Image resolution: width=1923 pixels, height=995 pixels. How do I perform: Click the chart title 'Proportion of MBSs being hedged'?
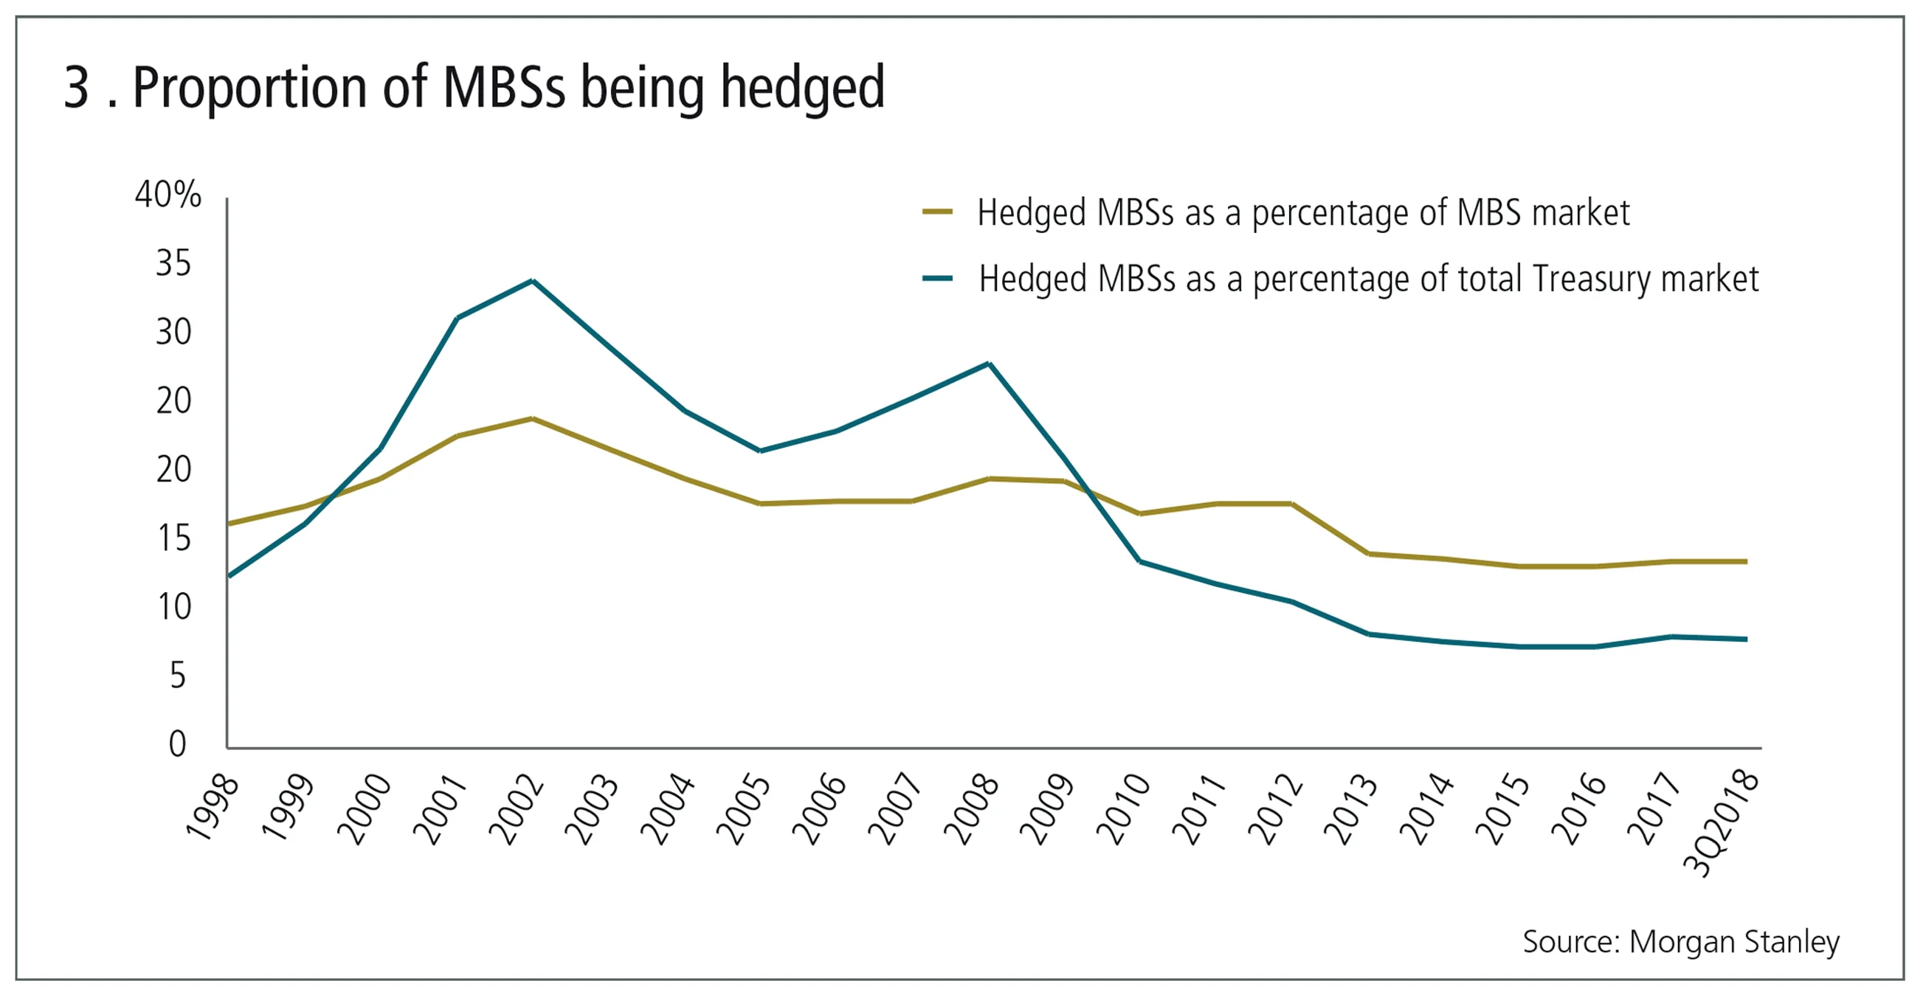[x=508, y=88]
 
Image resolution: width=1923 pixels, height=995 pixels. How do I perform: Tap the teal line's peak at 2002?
[x=532, y=282]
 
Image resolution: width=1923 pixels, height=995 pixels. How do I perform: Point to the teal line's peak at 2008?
[x=988, y=364]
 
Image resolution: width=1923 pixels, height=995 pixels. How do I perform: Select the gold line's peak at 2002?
[x=532, y=419]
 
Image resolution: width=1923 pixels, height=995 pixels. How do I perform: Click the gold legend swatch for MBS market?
[x=938, y=212]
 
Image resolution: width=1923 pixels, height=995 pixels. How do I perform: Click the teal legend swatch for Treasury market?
[x=938, y=278]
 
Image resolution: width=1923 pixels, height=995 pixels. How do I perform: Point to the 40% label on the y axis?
[x=168, y=194]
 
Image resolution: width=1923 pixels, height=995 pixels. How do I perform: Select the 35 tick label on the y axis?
[x=173, y=263]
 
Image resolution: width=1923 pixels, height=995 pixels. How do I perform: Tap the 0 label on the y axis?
[x=177, y=744]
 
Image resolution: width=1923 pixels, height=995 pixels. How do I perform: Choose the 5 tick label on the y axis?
[x=177, y=676]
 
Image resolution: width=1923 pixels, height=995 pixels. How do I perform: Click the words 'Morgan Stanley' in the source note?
[x=1734, y=942]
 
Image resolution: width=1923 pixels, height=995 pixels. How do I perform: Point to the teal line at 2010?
[x=1140, y=561]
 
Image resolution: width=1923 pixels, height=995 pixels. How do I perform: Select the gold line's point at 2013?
[x=1367, y=554]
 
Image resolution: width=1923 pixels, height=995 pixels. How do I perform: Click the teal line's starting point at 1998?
[x=229, y=575]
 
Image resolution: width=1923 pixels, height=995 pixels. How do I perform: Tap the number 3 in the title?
[x=77, y=88]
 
